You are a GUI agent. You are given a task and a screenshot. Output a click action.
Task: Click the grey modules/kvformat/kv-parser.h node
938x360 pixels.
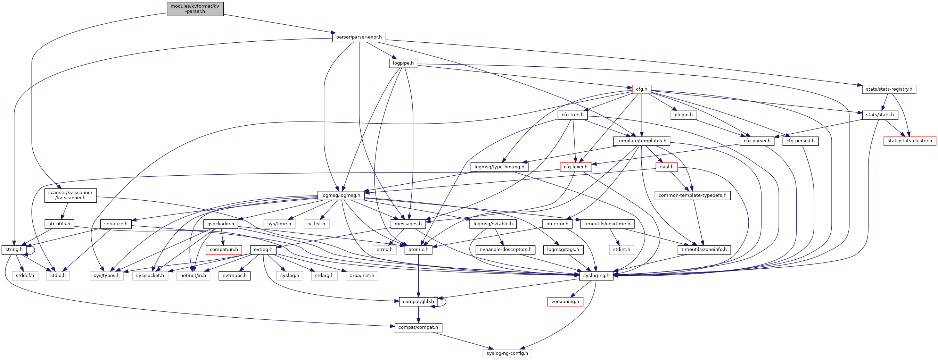pos(195,9)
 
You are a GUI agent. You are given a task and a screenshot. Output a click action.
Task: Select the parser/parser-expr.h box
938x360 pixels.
pos(359,37)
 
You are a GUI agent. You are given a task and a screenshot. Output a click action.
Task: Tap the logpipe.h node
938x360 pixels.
pos(403,63)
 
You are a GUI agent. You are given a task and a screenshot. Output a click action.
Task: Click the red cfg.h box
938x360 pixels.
pos(641,89)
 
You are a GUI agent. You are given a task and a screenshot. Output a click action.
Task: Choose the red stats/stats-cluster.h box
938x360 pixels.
pos(909,141)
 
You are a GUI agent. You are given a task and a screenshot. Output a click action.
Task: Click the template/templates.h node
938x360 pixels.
pos(641,141)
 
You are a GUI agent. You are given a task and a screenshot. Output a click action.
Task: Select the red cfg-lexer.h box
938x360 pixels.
pos(575,167)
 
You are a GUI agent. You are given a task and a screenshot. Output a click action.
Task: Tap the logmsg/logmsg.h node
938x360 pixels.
pos(340,195)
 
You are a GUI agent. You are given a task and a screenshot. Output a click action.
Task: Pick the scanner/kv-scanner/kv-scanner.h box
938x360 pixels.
pos(70,195)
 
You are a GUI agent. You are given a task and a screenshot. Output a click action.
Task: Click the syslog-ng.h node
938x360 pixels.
pos(596,276)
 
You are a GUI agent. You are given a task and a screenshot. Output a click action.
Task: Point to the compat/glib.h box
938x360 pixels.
pos(418,301)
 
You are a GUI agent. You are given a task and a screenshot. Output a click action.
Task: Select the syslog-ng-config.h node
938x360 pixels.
pos(507,353)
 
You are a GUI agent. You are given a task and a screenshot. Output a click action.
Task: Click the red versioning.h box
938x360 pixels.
pos(565,301)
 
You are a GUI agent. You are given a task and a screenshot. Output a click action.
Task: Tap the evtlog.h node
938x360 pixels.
pos(263,250)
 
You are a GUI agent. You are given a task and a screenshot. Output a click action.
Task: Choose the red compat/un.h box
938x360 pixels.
pos(224,250)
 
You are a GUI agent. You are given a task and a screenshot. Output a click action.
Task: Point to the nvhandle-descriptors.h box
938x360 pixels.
pos(505,250)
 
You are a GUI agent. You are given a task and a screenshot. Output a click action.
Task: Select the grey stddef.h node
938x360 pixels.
pos(25,276)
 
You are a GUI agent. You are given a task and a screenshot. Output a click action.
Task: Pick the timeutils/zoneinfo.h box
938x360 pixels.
pos(703,250)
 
